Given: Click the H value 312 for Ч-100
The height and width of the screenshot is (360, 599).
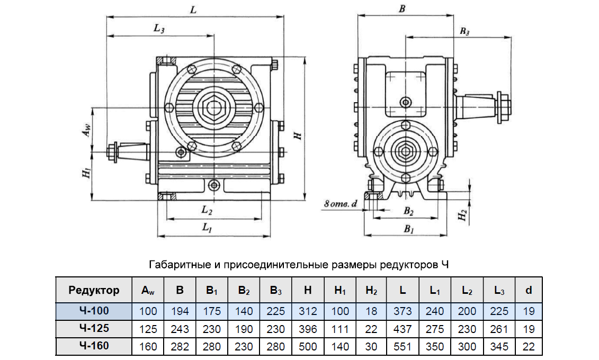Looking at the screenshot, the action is pyautogui.click(x=308, y=311).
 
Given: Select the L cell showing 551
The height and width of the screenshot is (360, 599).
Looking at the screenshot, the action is pyautogui.click(x=403, y=347).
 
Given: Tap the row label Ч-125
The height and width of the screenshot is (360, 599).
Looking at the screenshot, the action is pyautogui.click(x=94, y=328).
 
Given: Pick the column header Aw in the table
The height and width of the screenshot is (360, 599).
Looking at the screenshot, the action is pyautogui.click(x=148, y=291).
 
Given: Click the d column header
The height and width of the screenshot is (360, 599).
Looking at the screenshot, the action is pyautogui.click(x=529, y=290).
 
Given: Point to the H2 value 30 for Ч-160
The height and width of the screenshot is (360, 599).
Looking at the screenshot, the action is pyautogui.click(x=371, y=347).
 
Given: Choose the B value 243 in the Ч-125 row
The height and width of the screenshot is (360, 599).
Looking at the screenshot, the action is pyautogui.click(x=180, y=329).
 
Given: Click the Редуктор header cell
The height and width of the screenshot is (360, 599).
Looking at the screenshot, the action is pyautogui.click(x=94, y=290).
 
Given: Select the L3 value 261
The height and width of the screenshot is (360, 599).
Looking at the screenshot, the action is pyautogui.click(x=499, y=329).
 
